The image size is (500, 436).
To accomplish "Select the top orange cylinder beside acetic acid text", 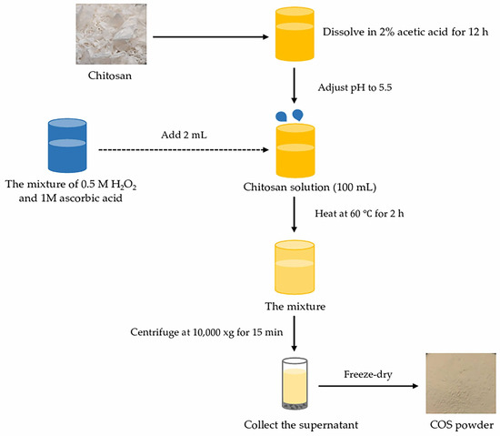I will pos(292,38).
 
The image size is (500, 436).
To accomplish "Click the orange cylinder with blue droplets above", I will pos(292,147).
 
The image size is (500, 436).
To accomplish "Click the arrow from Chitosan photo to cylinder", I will pos(208,38).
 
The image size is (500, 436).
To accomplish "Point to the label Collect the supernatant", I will pos(293,425).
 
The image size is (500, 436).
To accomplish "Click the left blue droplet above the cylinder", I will pos(277,117).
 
